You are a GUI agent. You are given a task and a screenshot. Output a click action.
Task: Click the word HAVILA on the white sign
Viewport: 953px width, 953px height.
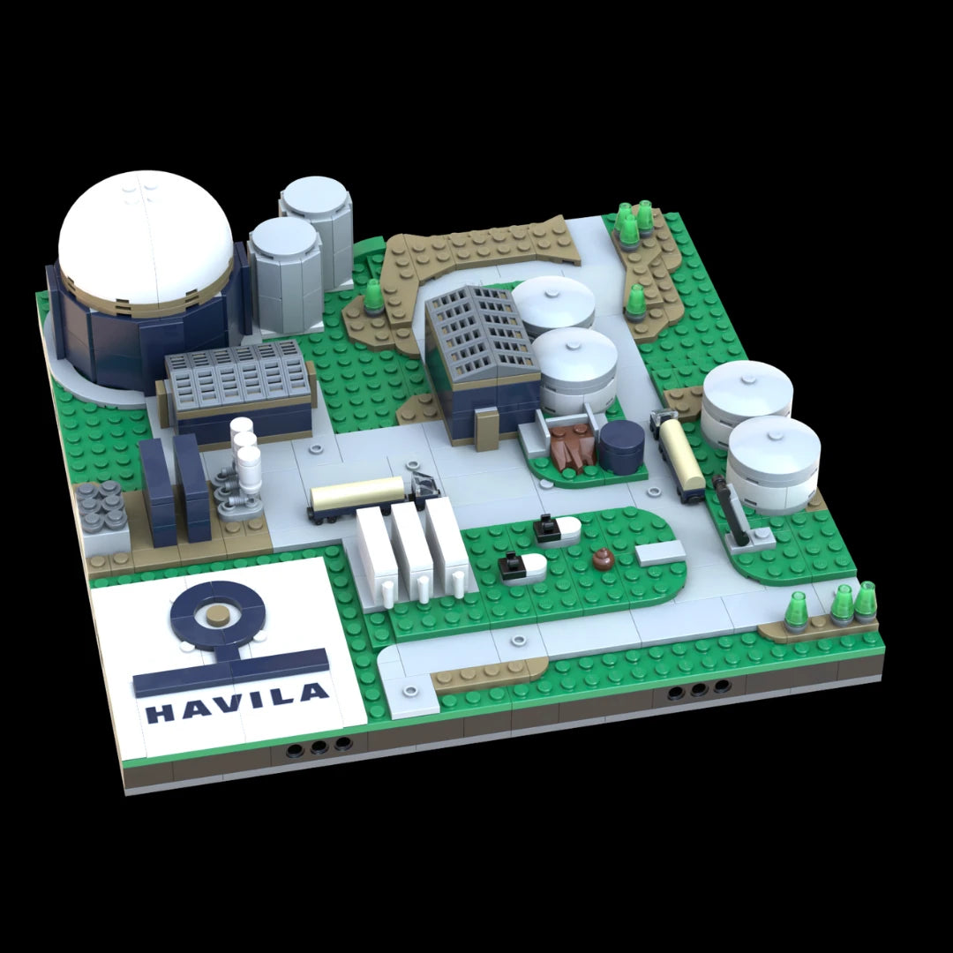click(237, 702)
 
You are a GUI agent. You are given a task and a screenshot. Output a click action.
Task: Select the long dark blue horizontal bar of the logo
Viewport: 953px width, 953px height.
click(231, 672)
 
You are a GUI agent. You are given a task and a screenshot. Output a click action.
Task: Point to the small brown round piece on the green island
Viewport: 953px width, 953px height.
click(604, 559)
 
